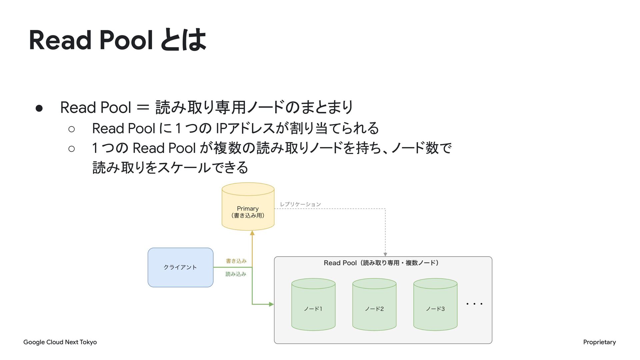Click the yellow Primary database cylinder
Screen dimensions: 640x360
[x=248, y=206]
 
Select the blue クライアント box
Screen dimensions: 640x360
[x=180, y=267]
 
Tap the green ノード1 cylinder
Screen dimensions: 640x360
[x=313, y=304]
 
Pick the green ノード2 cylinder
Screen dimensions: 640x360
[x=374, y=304]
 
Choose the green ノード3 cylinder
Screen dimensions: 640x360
[x=435, y=304]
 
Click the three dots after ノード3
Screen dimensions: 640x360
[x=474, y=304]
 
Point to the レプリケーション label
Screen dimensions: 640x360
[x=300, y=204]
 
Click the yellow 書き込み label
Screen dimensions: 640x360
[x=236, y=261]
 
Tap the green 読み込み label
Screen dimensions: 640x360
[x=236, y=274]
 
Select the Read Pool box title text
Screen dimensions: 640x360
[x=381, y=263]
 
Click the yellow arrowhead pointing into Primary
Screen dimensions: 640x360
[x=252, y=233]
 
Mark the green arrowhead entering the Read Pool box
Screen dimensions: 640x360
[x=271, y=304]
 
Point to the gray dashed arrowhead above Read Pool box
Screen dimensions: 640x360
[x=385, y=254]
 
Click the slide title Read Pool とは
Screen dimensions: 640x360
[x=118, y=40]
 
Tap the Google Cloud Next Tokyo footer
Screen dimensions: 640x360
[x=60, y=342]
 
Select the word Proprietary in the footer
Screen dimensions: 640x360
[x=599, y=342]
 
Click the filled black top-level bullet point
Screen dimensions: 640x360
[x=39, y=108]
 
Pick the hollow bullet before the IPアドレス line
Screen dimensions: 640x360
[x=71, y=129]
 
